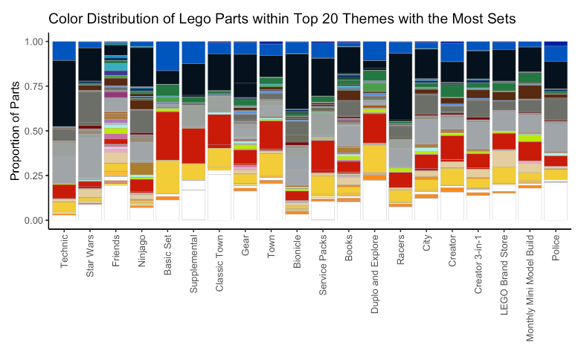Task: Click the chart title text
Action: point(282,18)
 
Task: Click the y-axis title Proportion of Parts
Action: point(16,132)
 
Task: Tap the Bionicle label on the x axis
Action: point(298,251)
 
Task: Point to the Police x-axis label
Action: point(556,248)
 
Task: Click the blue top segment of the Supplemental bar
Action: point(193,52)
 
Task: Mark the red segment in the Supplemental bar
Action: point(193,146)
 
